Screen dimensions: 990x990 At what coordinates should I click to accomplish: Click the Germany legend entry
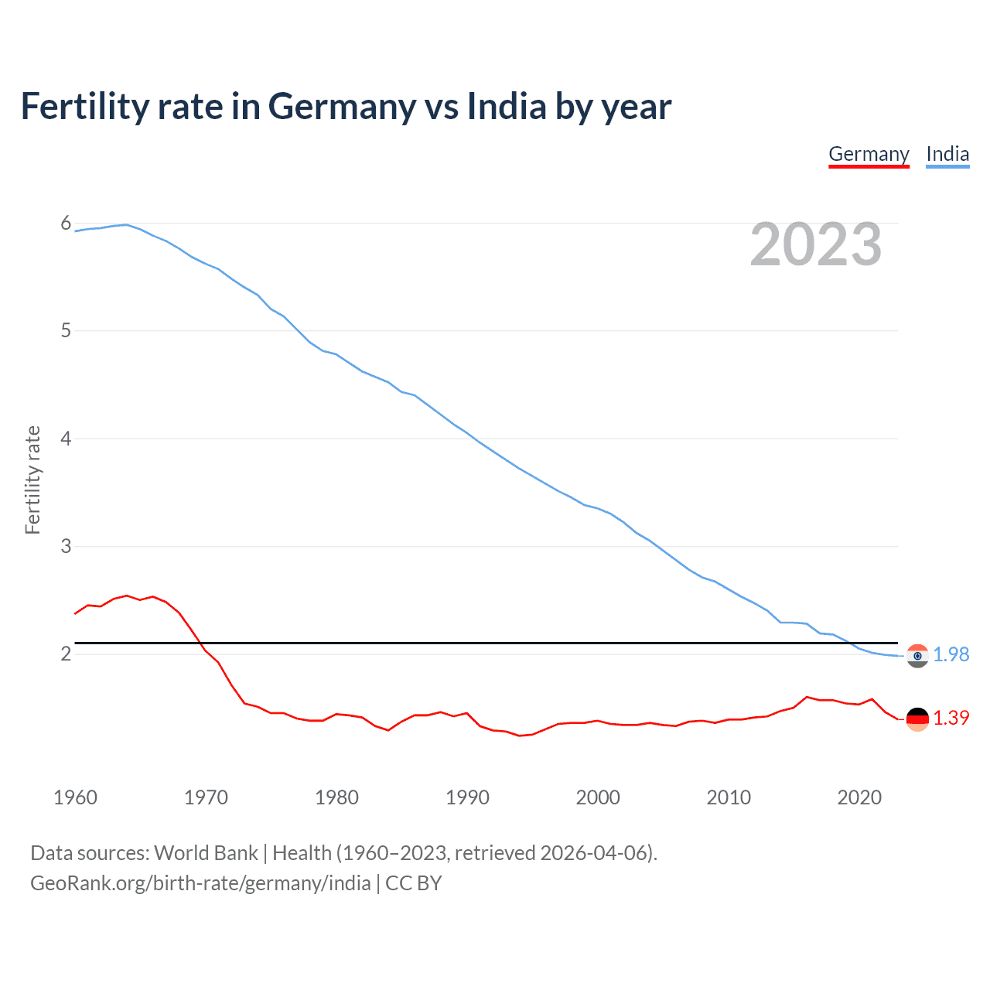(x=869, y=154)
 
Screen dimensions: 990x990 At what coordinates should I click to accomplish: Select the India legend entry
(x=947, y=154)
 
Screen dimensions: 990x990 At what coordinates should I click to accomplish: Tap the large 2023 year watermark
(x=815, y=244)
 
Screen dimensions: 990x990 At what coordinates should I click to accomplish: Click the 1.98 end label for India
(x=951, y=654)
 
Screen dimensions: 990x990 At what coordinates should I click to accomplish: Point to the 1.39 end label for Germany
(x=951, y=718)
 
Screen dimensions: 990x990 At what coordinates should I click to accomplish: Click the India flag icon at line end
(x=917, y=655)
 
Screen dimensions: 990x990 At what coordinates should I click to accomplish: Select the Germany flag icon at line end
(x=917, y=719)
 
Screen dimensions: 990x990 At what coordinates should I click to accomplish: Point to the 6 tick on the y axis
(x=66, y=224)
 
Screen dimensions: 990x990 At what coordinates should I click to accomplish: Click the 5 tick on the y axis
(x=66, y=331)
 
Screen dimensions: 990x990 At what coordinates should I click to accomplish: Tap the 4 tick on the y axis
(x=66, y=439)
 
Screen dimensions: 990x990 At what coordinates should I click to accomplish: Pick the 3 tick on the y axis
(x=66, y=546)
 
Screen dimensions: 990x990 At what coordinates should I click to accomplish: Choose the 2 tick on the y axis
(x=66, y=654)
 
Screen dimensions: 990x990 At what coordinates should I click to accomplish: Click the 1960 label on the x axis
(x=75, y=797)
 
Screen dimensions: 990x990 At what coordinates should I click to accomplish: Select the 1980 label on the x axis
(x=336, y=797)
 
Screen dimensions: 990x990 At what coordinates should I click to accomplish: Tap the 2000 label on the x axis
(x=598, y=797)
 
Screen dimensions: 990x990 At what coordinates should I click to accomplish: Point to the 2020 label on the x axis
(x=859, y=797)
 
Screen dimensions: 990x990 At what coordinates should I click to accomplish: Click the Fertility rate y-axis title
(x=32, y=480)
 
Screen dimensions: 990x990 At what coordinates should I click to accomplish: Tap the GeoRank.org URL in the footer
(x=200, y=883)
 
